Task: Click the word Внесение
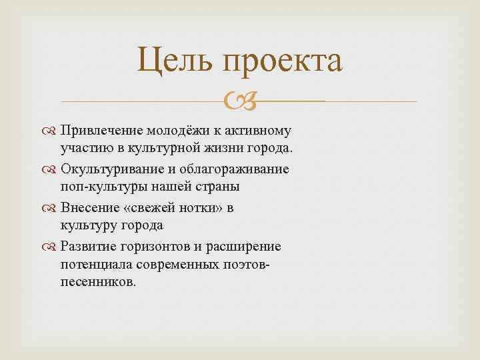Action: (x=87, y=207)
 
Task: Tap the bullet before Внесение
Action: (x=52, y=208)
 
